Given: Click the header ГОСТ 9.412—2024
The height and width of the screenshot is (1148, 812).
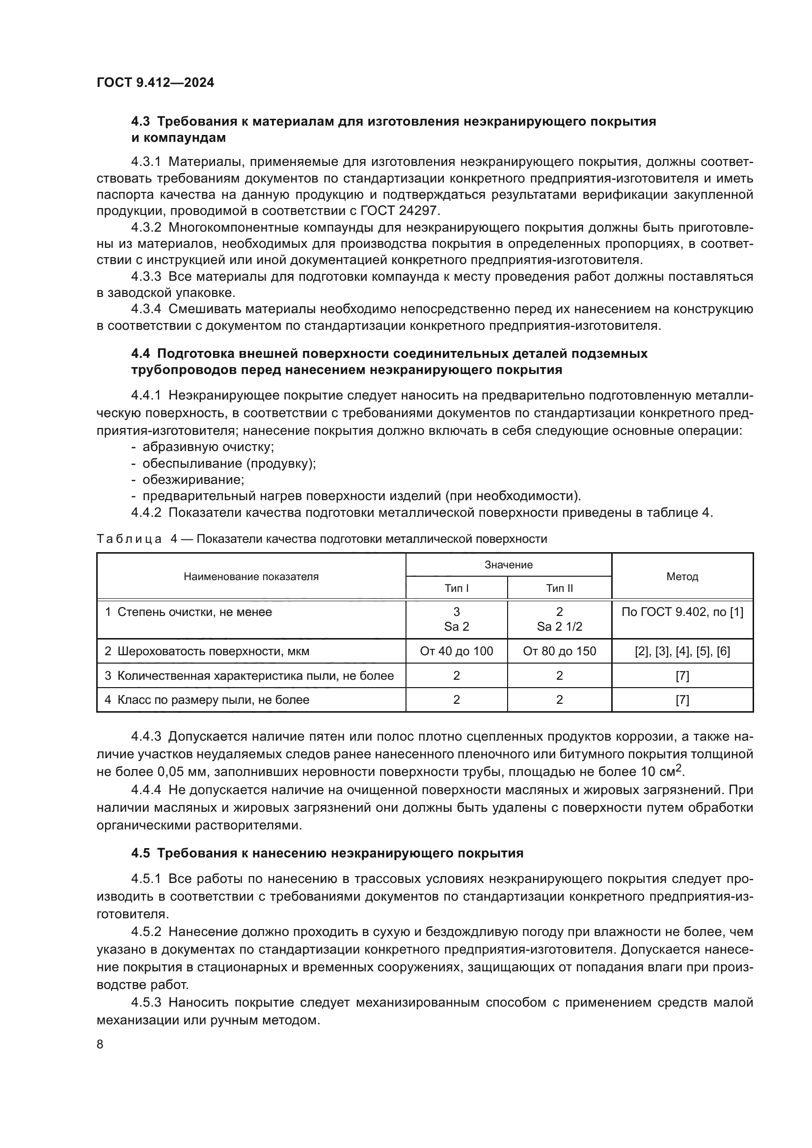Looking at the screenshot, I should [x=155, y=82].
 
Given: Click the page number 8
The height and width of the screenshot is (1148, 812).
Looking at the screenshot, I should [x=100, y=1044].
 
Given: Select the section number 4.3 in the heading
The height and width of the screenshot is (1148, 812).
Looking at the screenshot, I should [x=140, y=122].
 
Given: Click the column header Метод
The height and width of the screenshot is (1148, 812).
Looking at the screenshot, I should [x=682, y=577].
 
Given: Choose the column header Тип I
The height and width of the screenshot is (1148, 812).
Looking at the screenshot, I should [x=456, y=588].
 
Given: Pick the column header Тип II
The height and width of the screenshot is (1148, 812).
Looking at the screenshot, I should [x=559, y=588].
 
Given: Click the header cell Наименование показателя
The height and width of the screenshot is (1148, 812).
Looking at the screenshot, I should [x=251, y=577].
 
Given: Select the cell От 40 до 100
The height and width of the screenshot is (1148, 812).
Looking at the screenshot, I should [x=456, y=651].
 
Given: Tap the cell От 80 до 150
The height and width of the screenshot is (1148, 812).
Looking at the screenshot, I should [x=559, y=651].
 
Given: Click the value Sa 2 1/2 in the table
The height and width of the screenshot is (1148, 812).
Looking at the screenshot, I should [x=559, y=627].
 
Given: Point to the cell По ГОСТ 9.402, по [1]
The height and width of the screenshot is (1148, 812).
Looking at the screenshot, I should [x=682, y=612].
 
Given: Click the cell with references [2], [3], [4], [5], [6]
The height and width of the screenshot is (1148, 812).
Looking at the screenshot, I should [x=682, y=651].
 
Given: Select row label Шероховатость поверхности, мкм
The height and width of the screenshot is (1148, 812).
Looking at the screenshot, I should [x=213, y=651].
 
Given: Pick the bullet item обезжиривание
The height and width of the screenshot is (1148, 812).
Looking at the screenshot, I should [x=193, y=480].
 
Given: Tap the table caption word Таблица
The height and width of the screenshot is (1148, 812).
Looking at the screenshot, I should [x=129, y=539].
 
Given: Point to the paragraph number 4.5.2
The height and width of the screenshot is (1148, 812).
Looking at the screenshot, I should [x=146, y=932].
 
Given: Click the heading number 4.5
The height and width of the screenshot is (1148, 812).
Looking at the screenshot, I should [x=140, y=853].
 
